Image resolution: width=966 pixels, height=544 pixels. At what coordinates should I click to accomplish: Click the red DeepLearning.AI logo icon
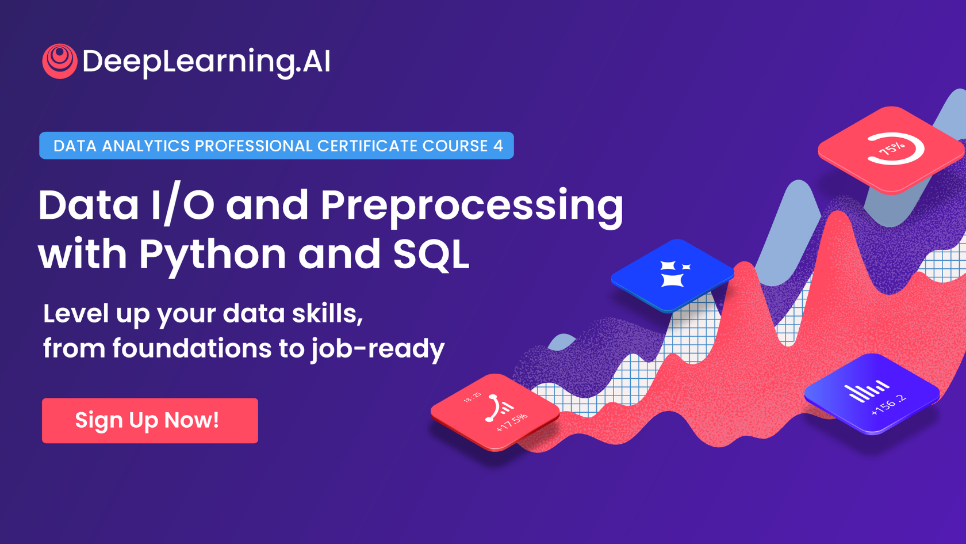pos(60,61)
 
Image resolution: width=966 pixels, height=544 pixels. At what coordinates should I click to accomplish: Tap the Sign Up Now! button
pos(150,420)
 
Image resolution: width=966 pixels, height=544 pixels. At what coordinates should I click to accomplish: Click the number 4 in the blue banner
pos(498,146)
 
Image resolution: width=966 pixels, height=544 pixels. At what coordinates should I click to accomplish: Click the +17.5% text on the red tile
pos(512,423)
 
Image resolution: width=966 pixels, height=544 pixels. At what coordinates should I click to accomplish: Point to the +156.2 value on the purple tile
pos(889,405)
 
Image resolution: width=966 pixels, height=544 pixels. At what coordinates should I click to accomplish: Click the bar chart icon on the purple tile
pos(866,390)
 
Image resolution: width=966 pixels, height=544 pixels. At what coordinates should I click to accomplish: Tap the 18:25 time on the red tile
pos(472,398)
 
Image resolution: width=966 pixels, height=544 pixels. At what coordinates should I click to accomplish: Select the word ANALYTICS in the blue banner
pos(146,146)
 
